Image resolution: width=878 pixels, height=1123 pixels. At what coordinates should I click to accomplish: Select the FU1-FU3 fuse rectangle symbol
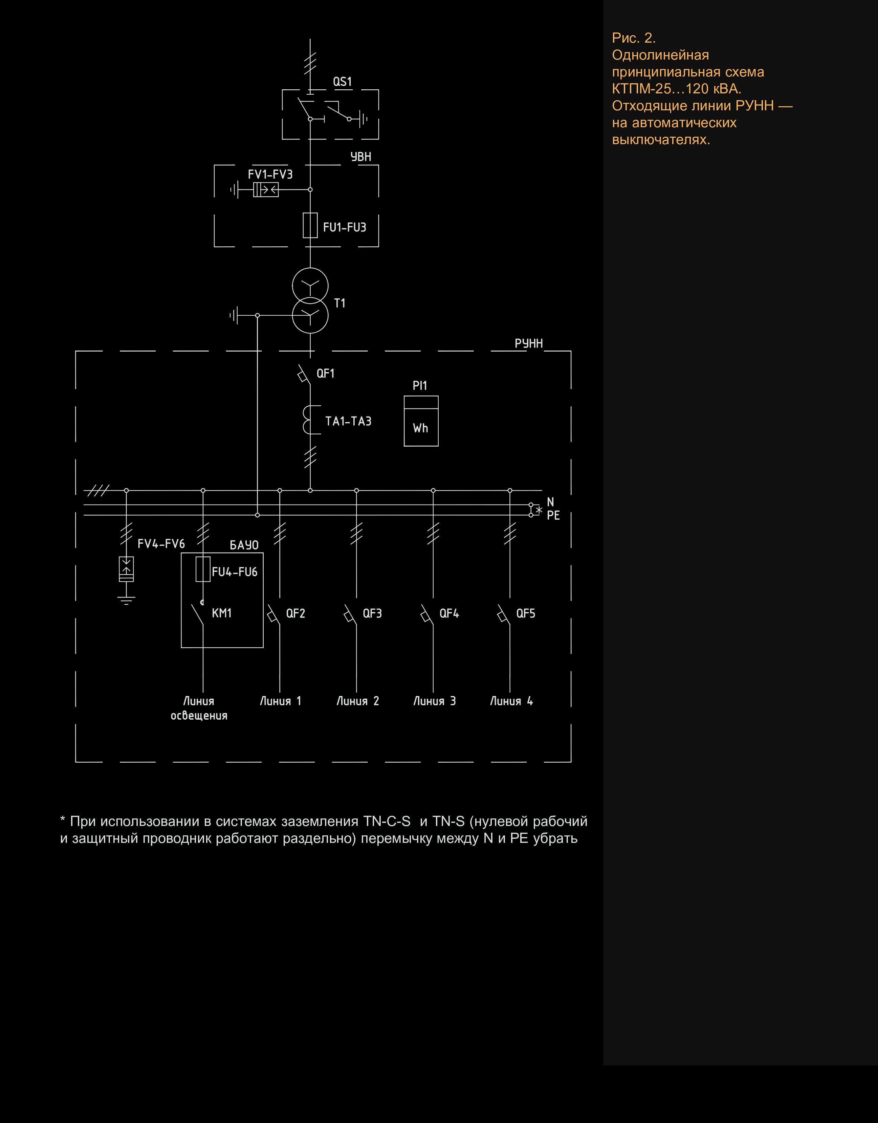(x=310, y=225)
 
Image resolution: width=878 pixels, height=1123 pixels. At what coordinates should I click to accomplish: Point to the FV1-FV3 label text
(x=270, y=174)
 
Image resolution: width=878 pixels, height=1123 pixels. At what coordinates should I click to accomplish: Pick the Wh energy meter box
(x=421, y=421)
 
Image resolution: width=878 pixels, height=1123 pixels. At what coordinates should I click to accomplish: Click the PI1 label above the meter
(x=420, y=386)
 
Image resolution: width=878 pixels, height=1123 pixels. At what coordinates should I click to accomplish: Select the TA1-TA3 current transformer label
(x=348, y=421)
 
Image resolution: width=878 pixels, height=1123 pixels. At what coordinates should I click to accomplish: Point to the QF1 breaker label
(x=326, y=373)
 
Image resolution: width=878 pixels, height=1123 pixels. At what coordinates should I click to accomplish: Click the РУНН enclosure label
(x=529, y=343)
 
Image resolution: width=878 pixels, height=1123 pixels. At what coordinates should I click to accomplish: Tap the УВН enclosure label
(x=360, y=156)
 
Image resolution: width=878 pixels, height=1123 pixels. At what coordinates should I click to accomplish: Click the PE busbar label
(x=553, y=515)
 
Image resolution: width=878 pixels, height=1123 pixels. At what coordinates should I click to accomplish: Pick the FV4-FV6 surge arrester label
(x=161, y=543)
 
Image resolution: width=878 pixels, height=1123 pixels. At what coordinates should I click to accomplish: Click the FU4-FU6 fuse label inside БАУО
(x=235, y=572)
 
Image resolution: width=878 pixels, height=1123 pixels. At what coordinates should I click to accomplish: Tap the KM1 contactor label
(x=222, y=613)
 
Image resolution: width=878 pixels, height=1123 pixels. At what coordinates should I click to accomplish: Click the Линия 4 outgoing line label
(x=511, y=701)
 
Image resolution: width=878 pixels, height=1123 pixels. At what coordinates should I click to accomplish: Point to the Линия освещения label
(x=199, y=708)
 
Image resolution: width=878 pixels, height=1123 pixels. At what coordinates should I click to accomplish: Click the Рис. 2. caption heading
(x=634, y=38)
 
